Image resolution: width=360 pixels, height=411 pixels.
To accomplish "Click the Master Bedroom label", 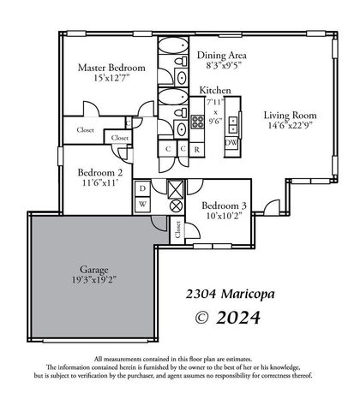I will [111, 68].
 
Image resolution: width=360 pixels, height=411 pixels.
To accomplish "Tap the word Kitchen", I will [217, 90].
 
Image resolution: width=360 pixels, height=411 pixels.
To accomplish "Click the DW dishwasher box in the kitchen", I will [231, 143].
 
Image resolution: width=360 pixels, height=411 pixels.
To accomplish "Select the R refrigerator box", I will [198, 149].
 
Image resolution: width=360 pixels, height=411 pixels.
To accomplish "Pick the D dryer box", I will [142, 188].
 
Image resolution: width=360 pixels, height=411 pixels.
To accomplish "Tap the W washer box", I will [142, 204].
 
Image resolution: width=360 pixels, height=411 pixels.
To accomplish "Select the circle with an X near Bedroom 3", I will [176, 205].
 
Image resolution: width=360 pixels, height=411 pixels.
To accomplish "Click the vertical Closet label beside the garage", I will [178, 228].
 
